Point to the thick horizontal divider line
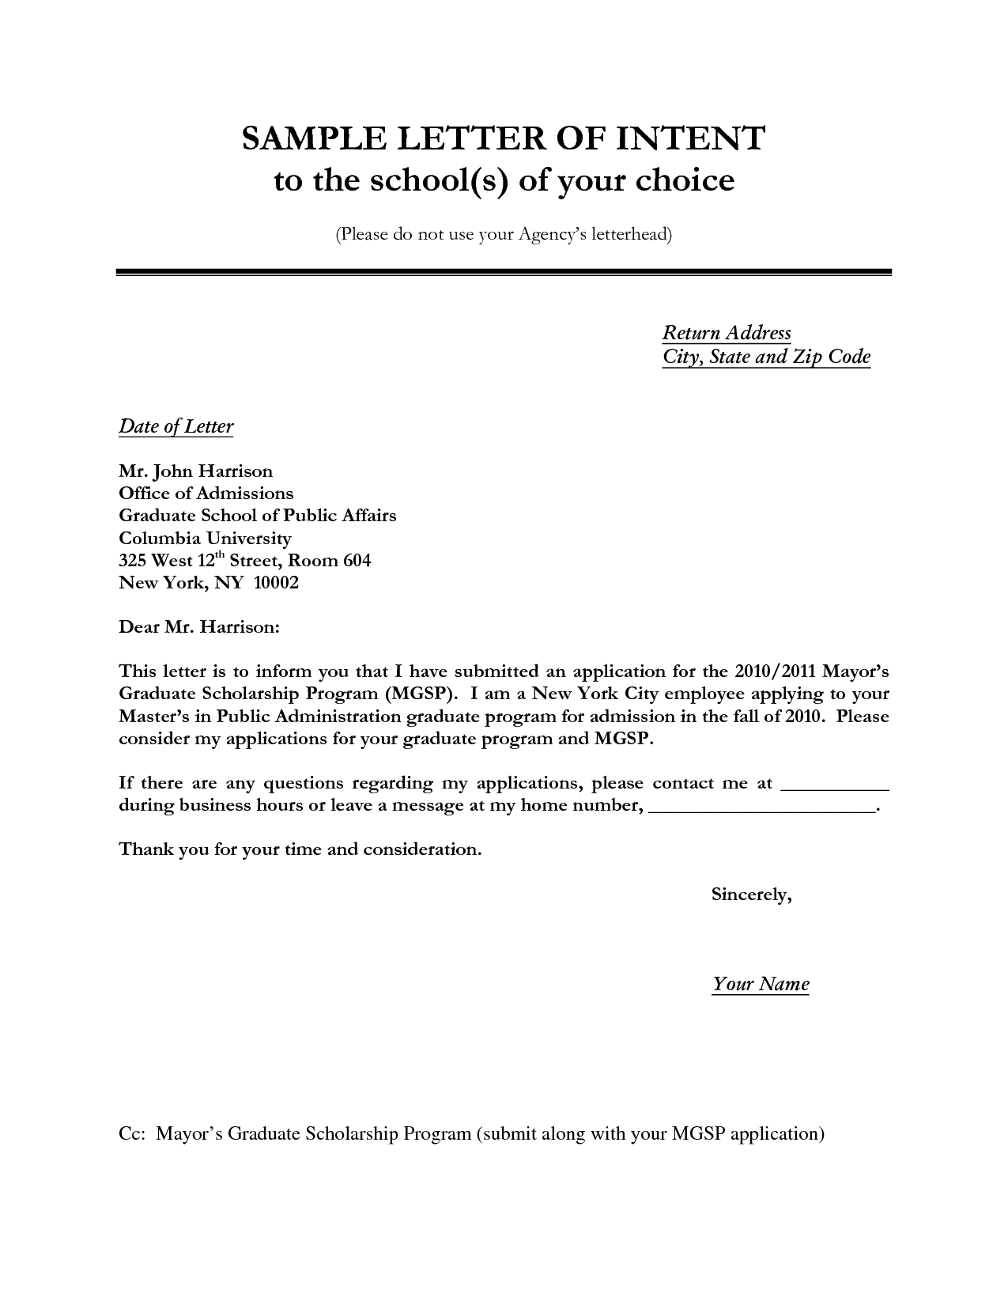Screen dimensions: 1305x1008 click(504, 272)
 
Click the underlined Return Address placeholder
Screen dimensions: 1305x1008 click(727, 333)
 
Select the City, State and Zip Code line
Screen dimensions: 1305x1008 click(766, 357)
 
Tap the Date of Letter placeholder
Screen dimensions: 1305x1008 click(176, 427)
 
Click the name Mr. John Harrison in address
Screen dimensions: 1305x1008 click(195, 471)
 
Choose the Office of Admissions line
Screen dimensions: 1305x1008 click(206, 494)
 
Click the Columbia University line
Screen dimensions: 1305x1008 click(205, 539)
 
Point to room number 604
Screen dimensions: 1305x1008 click(357, 561)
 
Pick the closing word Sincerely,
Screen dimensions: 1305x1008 click(752, 895)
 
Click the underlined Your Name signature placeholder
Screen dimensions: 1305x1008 click(761, 984)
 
